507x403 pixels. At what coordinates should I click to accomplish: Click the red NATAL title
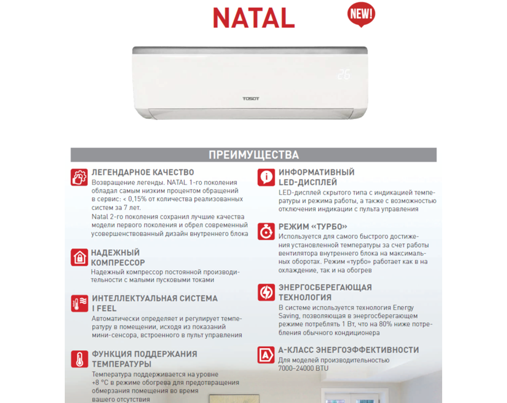pyautogui.click(x=254, y=17)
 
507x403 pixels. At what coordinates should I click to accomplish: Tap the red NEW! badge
pyautogui.click(x=361, y=13)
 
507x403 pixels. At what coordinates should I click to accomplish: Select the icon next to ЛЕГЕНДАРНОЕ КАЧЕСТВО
pyautogui.click(x=79, y=176)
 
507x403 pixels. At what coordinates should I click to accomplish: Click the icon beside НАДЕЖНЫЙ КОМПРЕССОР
pyautogui.click(x=79, y=257)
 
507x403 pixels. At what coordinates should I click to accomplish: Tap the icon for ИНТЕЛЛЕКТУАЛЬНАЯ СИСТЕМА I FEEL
pyautogui.click(x=79, y=303)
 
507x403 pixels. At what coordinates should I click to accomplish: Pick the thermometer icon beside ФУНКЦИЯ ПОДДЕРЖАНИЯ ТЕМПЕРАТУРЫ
pyautogui.click(x=79, y=358)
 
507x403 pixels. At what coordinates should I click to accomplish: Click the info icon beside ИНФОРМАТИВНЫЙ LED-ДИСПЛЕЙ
pyautogui.click(x=266, y=177)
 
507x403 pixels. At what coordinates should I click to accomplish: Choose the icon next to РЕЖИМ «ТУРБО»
pyautogui.click(x=266, y=231)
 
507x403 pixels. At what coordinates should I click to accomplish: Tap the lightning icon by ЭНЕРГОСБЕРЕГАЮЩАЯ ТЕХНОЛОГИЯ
pyautogui.click(x=266, y=292)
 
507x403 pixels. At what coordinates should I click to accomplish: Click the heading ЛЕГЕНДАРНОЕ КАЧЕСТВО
pyautogui.click(x=142, y=172)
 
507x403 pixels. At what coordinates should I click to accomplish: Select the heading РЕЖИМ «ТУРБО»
pyautogui.click(x=313, y=227)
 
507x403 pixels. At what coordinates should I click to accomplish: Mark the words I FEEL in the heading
pyautogui.click(x=104, y=308)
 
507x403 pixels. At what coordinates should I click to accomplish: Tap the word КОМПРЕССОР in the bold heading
pyautogui.click(x=118, y=263)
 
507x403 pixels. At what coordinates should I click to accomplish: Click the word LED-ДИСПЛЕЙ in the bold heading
pyautogui.click(x=308, y=182)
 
